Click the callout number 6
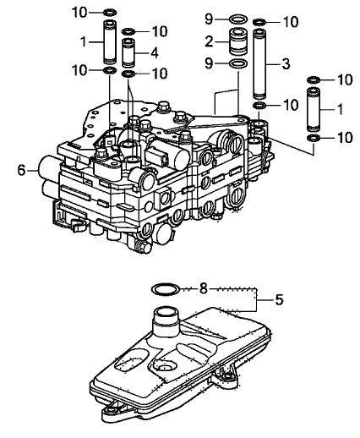point(22,171)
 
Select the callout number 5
point(279,299)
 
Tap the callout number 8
point(204,288)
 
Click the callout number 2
point(209,41)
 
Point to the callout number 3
point(286,64)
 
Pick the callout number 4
point(155,53)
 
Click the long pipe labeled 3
point(259,63)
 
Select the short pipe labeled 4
point(128,52)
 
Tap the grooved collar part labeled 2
point(237,41)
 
